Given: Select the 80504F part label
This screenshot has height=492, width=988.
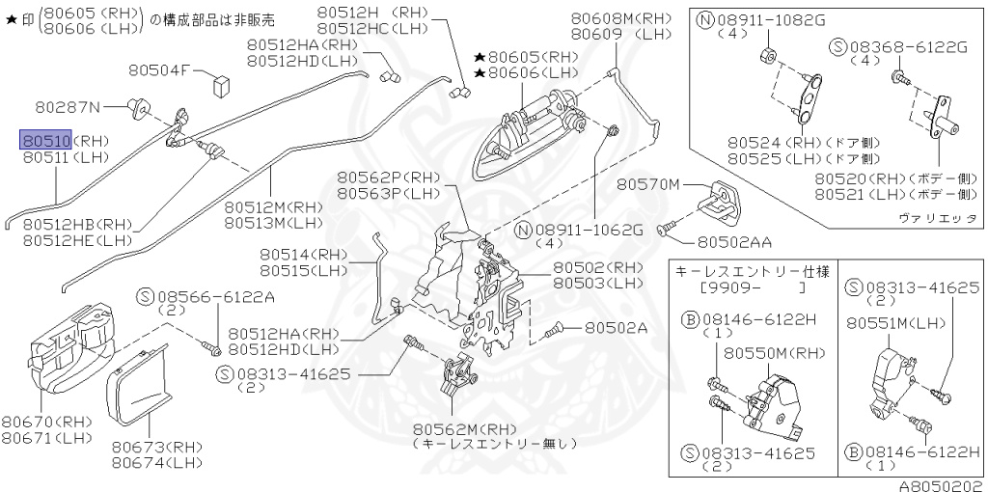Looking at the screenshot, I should click(x=161, y=69).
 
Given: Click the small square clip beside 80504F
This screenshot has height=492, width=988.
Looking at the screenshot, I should click(x=220, y=81).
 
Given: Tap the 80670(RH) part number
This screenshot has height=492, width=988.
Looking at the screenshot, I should click(x=46, y=422).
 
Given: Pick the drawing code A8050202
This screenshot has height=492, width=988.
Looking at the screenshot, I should click(x=941, y=485).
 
